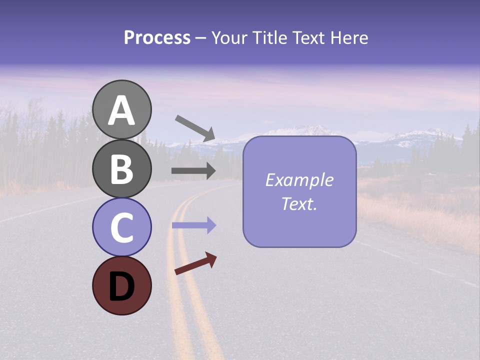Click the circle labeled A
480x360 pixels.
(x=122, y=109)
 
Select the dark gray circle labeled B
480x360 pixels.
(x=122, y=168)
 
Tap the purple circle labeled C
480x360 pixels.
(x=122, y=227)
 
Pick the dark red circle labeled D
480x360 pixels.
(x=122, y=285)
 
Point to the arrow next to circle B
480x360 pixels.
(x=193, y=171)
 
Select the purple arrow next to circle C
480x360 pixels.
(x=193, y=225)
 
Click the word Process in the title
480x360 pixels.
(x=157, y=37)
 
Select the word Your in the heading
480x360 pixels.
(x=228, y=37)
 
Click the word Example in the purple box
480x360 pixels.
(x=299, y=180)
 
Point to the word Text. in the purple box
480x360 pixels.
(x=299, y=203)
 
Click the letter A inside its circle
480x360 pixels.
(x=122, y=110)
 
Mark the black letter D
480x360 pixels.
(x=122, y=286)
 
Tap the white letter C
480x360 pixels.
(x=122, y=227)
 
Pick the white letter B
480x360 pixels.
(x=122, y=169)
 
